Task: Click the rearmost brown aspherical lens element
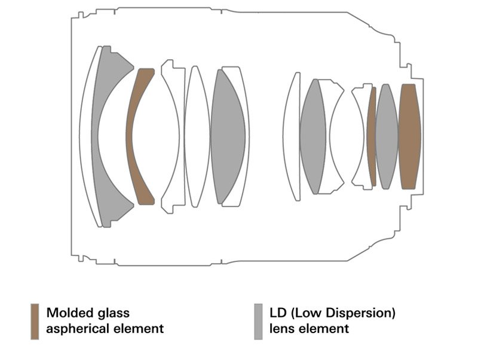point(409,136)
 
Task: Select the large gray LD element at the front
point(108,84)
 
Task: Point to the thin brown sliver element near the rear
point(372,136)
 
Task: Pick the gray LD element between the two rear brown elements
point(387,136)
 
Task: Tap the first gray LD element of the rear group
point(312,136)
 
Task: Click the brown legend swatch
point(35,322)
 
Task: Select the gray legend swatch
point(258,322)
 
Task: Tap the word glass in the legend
point(113,313)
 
